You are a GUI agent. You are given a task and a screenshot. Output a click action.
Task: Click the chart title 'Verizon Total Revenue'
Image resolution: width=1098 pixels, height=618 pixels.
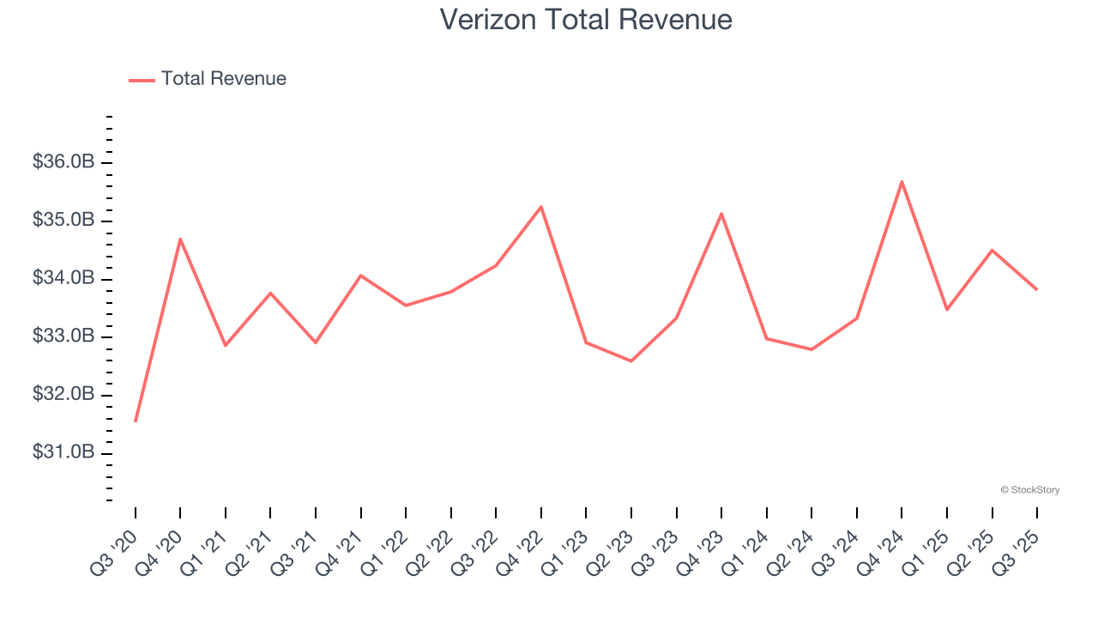coord(586,20)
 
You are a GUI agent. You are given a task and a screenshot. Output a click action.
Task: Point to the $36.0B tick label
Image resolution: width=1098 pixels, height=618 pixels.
coord(63,162)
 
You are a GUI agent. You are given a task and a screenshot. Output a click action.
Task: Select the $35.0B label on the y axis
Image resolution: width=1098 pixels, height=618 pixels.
coord(63,221)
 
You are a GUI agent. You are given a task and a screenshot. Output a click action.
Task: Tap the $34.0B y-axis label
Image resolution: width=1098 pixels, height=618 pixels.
coord(63,279)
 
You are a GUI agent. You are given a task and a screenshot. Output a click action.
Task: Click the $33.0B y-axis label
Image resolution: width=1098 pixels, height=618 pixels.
coord(63,336)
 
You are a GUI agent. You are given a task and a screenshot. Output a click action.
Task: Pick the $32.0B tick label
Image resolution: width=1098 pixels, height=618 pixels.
coord(63,395)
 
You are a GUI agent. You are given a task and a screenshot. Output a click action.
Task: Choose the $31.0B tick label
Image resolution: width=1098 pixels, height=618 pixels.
coord(63,452)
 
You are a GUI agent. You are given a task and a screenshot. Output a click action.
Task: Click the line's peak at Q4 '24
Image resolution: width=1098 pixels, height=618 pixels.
coord(902,181)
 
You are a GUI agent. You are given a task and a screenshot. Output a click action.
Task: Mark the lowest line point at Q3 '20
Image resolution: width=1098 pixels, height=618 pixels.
coord(136,421)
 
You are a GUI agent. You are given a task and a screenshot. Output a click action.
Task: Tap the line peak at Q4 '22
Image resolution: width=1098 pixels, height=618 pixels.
coord(541,207)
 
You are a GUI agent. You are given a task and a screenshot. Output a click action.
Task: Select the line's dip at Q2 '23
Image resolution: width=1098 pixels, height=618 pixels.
coord(631,360)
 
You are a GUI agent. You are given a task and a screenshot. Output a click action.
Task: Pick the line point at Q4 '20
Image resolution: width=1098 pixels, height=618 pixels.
coord(180,239)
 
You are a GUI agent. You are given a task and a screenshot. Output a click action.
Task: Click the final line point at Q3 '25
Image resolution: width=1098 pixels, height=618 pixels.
coord(1036,289)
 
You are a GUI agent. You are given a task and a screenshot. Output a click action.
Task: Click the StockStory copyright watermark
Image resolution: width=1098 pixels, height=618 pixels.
coord(1029,490)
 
